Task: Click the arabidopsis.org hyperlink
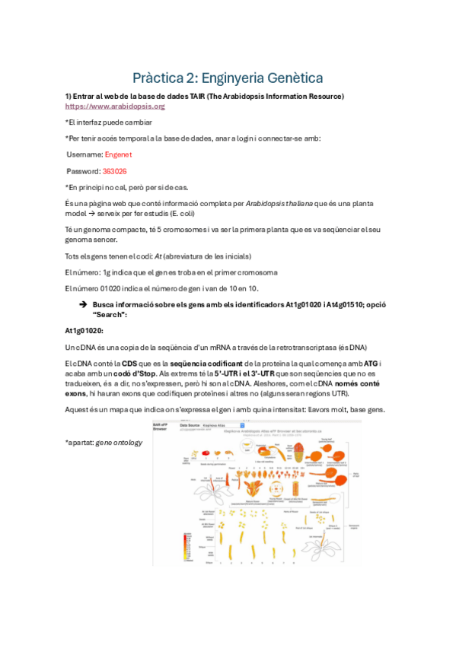coord(115,106)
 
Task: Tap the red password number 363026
coord(114,171)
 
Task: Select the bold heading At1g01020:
coord(84,331)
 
